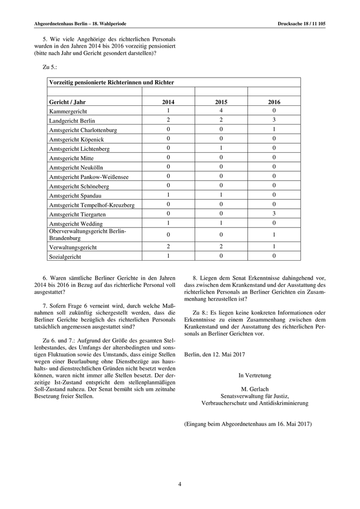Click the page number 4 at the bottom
(179, 483)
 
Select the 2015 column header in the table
(221, 102)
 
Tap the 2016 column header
(274, 102)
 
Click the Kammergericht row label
(68, 111)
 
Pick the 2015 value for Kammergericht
(221, 111)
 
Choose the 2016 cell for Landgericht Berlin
(274, 120)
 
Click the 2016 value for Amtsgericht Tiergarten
(274, 214)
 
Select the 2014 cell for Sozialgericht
(168, 256)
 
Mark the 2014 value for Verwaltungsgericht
(168, 246)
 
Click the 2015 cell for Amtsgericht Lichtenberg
(221, 148)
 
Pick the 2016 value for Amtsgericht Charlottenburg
(274, 129)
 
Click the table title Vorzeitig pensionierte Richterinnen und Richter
(111, 82)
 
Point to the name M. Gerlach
(255, 389)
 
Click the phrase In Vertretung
(255, 375)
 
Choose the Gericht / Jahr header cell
(67, 102)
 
